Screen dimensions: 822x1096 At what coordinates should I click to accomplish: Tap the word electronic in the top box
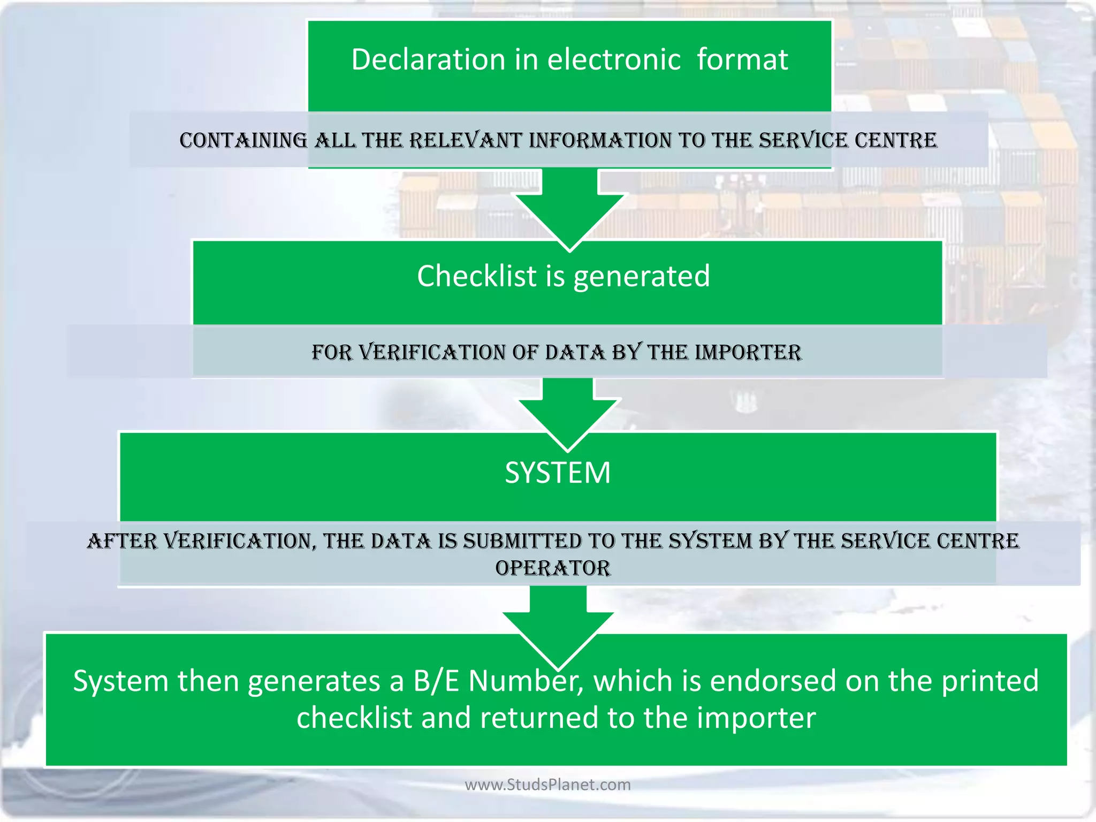pyautogui.click(x=614, y=59)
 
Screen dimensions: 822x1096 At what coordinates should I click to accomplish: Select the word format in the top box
pyautogui.click(x=742, y=59)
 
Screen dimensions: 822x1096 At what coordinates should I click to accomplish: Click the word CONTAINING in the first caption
pyautogui.click(x=243, y=141)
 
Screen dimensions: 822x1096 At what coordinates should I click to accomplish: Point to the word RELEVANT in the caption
pyautogui.click(x=466, y=141)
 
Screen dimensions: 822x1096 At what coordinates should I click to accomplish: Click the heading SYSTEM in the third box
pyautogui.click(x=558, y=473)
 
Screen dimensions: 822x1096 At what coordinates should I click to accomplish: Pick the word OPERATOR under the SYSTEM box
pyautogui.click(x=553, y=568)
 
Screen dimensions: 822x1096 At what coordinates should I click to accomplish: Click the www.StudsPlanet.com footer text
pyautogui.click(x=547, y=785)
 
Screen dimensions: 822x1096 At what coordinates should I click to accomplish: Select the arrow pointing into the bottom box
pyautogui.click(x=558, y=626)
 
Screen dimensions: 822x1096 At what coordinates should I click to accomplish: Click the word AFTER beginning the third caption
pyautogui.click(x=122, y=542)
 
